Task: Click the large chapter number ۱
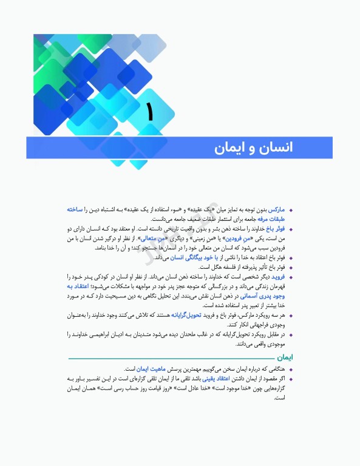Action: coord(149,113)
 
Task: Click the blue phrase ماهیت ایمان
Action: coord(148,368)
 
